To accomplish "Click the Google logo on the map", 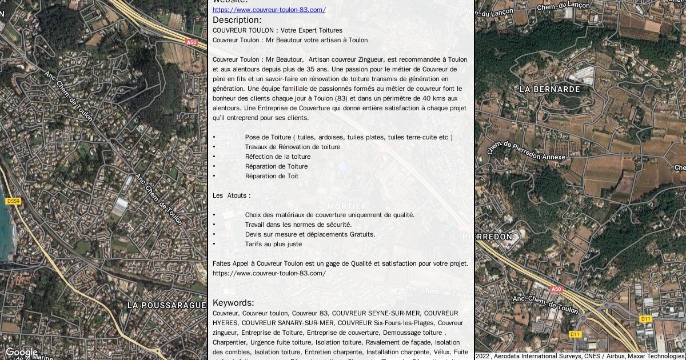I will coord(22,353).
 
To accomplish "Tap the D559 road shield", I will coord(13,201).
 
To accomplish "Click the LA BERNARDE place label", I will coord(549,89).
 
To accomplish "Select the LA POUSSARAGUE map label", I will coord(166,305).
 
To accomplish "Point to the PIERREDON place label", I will coord(487,236).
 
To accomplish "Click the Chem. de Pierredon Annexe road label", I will coord(526,151).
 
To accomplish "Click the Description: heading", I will coord(237,20).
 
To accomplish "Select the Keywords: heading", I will coord(233,302).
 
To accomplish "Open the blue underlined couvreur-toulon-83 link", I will coord(269,10).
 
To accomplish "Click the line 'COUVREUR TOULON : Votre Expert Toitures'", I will coord(277,30).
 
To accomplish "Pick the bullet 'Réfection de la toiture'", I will coord(278,157).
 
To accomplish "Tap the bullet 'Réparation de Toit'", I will coord(272,176).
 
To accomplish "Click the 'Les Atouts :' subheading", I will coord(232,195).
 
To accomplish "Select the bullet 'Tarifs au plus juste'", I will coord(273,244).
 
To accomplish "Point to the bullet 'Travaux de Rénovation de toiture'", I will coord(293,147).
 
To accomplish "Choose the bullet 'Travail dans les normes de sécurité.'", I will coord(298,225).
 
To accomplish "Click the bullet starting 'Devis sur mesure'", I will coord(310,234).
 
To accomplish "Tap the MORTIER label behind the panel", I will coord(347,206).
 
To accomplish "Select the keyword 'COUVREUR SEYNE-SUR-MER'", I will coord(376,313).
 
